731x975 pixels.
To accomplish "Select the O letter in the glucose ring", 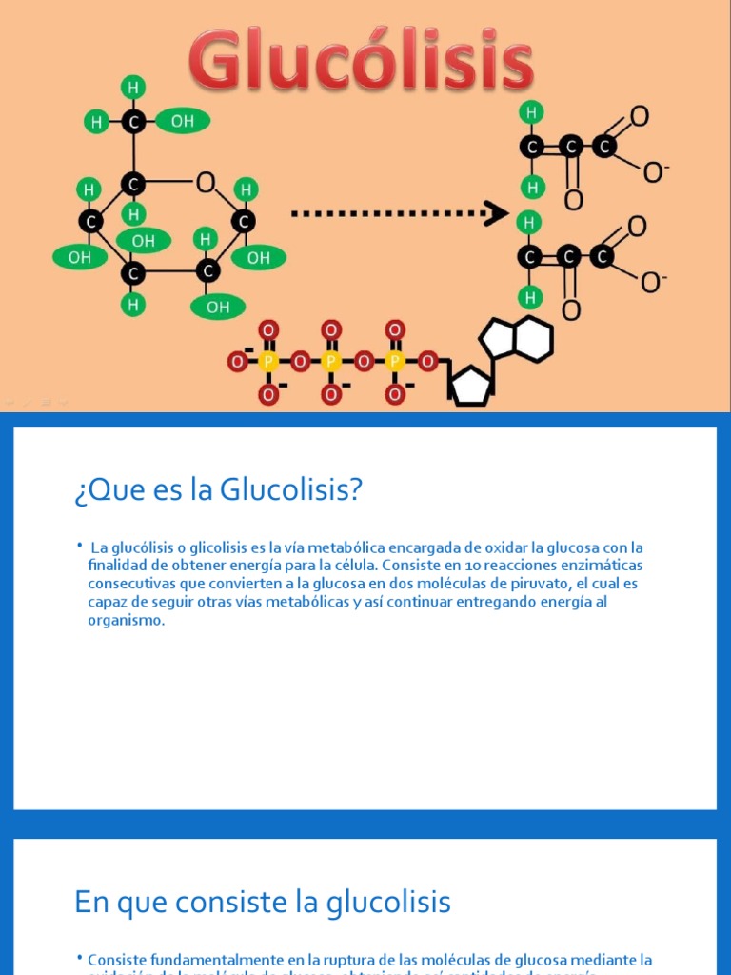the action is point(206,183).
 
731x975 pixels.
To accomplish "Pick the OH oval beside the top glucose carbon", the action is point(182,121).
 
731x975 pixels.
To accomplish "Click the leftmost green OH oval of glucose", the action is point(79,257).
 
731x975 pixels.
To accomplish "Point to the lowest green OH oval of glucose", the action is point(218,307).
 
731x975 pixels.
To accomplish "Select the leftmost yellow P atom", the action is point(268,362).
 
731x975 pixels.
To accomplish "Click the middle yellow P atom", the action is point(331,362).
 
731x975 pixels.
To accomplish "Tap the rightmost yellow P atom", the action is point(395,362).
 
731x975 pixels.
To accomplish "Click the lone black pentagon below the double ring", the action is point(468,385).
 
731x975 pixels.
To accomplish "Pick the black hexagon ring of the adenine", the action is point(531,338).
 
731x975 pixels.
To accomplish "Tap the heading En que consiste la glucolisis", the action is point(263,902).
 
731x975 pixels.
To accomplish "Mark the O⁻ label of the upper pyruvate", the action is point(656,172).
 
